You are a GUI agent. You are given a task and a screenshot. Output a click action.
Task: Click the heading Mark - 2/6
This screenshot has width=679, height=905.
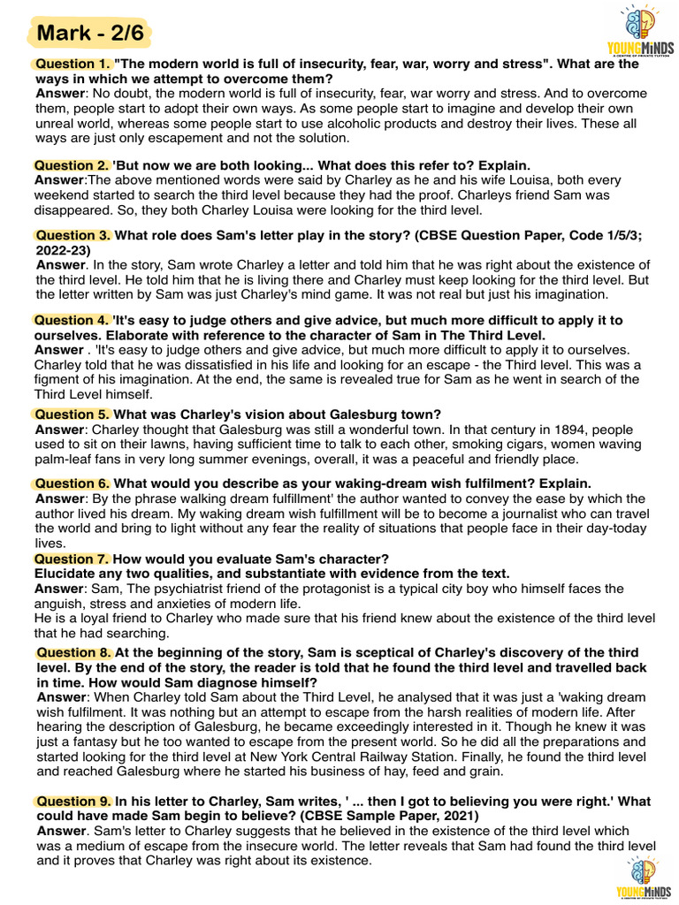click(x=89, y=34)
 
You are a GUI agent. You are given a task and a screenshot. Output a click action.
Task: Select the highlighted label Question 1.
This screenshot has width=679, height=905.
click(x=72, y=64)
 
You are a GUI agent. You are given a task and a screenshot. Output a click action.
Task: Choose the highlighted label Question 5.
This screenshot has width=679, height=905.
click(x=72, y=414)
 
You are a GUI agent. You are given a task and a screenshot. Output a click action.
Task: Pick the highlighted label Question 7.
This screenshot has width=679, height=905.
click(x=72, y=559)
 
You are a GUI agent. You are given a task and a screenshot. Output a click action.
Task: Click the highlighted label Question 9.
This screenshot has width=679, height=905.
click(x=74, y=802)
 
